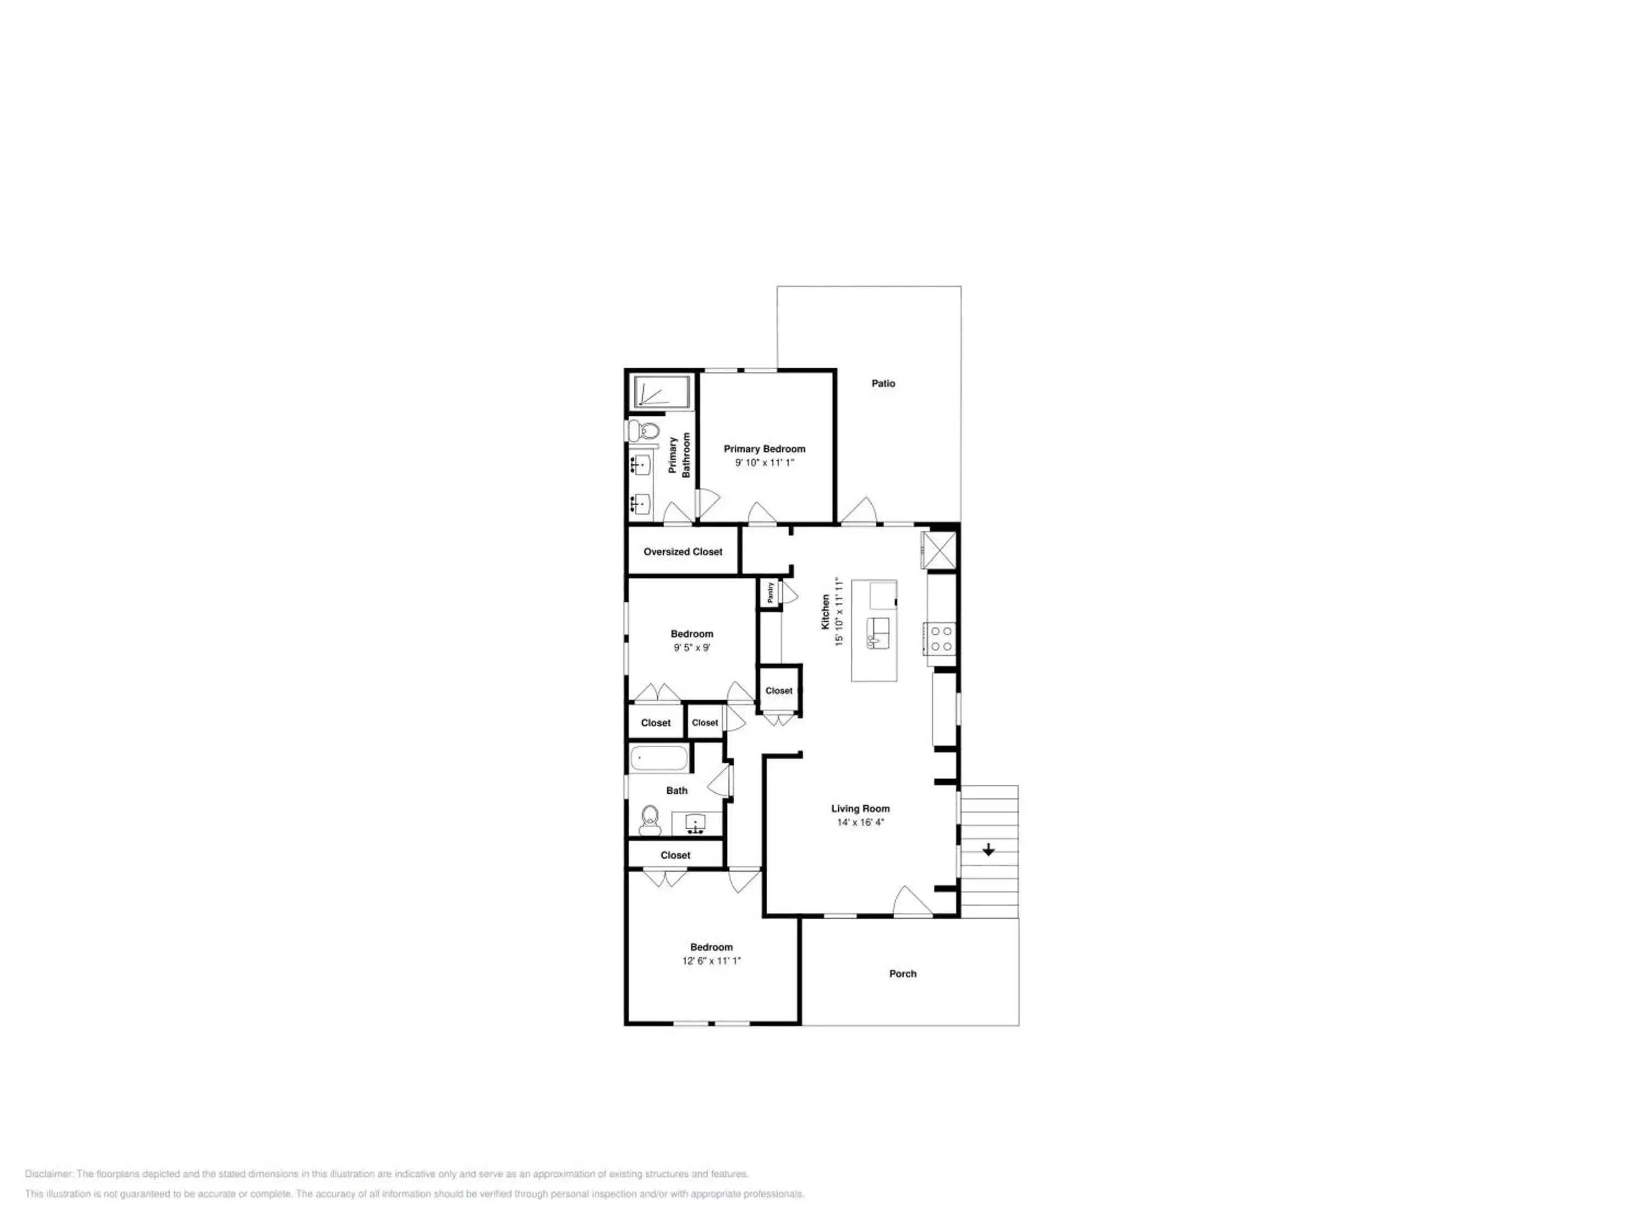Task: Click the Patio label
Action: [883, 384]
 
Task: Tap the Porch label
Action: [903, 974]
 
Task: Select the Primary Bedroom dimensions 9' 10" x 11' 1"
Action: [765, 463]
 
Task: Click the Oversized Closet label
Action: [682, 552]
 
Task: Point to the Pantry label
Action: [770, 592]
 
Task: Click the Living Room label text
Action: [860, 809]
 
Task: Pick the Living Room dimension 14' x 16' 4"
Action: [860, 822]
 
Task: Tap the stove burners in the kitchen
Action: [941, 638]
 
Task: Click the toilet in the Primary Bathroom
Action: [644, 431]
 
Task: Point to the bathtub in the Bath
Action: [659, 758]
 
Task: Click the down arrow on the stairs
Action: [989, 850]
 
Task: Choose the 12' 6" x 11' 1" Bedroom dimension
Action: [711, 961]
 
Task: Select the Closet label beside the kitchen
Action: [779, 690]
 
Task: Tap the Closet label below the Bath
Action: [675, 855]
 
